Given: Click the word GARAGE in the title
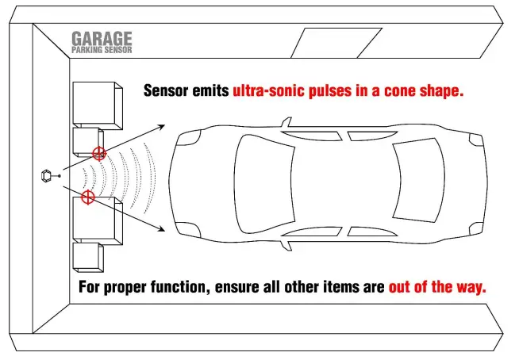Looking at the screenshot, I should (x=102, y=37).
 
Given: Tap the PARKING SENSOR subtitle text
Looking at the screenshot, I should (x=102, y=49).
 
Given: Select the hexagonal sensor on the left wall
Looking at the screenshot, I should (x=47, y=174).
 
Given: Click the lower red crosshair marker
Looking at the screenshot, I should (x=88, y=196).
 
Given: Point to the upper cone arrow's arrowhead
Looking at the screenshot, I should (x=161, y=124).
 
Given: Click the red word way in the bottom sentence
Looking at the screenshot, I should (x=470, y=286).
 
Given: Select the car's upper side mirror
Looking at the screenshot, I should (x=286, y=124).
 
